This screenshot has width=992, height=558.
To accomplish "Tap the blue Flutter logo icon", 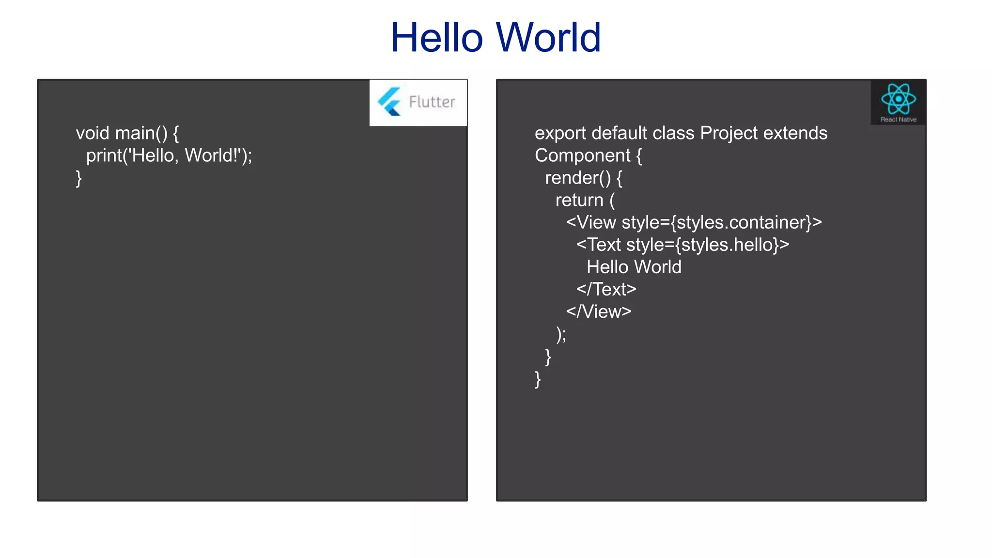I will pos(389,102).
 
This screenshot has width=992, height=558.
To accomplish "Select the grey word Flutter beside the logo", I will pos(432,102).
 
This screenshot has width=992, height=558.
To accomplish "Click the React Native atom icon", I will pos(898,99).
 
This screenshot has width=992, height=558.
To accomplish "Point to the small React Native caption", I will pos(898,120).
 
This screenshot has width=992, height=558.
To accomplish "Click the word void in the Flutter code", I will pos(93,133).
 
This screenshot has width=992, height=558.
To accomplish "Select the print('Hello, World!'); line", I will pos(169,155).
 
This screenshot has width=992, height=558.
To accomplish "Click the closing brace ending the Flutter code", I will pos(79,178).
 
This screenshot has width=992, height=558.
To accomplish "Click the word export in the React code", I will pos(560,133).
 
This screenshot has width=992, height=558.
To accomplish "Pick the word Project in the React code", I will pos(728,133).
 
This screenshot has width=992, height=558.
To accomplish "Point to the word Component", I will pos(582,155).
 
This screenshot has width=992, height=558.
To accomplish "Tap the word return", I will pos(579,200).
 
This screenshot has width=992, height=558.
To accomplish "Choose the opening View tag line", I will pos(694,222).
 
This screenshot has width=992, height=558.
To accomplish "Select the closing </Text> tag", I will pos(606,289).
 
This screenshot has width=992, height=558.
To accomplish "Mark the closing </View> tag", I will pos(599,311).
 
